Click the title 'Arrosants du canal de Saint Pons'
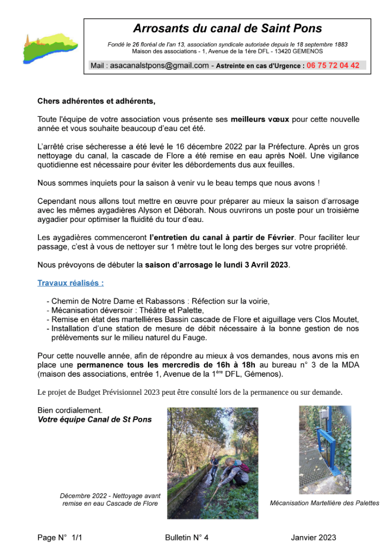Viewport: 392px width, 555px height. [227, 29]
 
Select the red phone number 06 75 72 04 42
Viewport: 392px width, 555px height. [333, 66]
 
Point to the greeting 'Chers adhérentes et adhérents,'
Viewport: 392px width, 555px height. [96, 101]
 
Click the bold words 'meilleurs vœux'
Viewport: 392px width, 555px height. [260, 119]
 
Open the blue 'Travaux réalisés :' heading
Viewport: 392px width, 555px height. [70, 283]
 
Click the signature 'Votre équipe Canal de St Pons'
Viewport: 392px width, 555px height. [95, 419]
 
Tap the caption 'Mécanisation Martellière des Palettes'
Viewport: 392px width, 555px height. [324, 503]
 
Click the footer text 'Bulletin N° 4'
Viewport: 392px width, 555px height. [187, 538]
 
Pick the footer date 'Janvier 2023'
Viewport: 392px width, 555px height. [313, 538]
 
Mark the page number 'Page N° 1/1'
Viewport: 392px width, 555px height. [60, 538]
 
